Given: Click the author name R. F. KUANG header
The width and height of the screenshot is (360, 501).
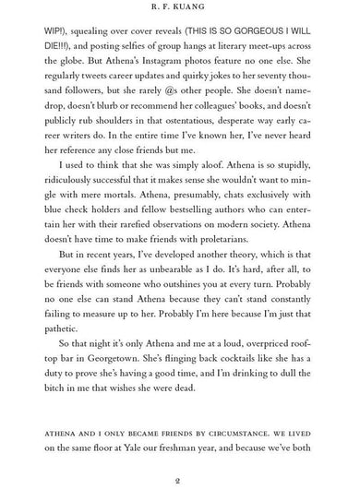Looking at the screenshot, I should click(x=180, y=10).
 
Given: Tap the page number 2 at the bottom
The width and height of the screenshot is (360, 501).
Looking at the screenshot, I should click(x=180, y=481).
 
